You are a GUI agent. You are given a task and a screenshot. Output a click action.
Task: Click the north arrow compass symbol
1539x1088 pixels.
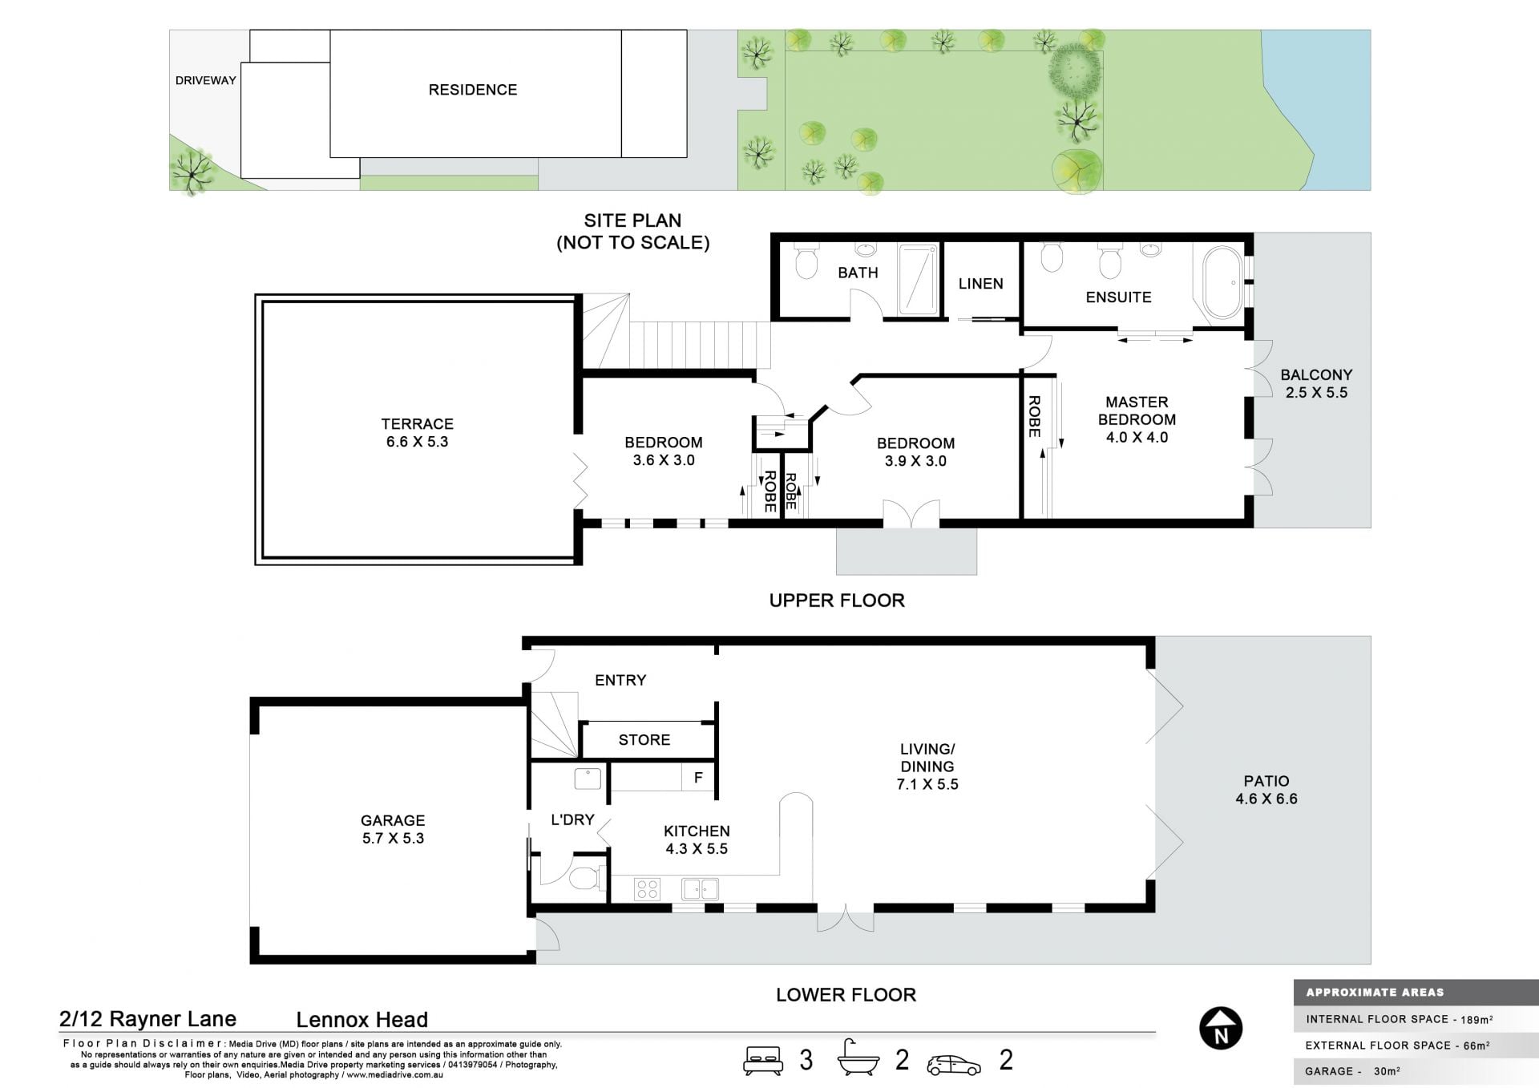pos(1221,1028)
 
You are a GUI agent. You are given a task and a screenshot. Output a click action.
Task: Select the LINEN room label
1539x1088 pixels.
pos(980,284)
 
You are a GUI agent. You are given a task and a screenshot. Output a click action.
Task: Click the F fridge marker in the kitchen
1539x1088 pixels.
pos(698,778)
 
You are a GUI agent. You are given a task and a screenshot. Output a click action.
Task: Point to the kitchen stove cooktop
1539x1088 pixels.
pos(647,889)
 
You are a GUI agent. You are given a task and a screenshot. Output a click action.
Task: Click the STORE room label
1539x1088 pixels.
pos(644,740)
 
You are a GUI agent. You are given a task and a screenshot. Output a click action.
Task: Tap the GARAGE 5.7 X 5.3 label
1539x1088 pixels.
pos(393,829)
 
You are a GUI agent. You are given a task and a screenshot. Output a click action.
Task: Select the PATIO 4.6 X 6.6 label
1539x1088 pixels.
pos(1266,790)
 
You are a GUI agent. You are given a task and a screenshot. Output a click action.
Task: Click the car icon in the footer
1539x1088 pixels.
pos(954,1064)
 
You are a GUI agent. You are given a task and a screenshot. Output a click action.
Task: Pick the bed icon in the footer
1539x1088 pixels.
pos(762,1060)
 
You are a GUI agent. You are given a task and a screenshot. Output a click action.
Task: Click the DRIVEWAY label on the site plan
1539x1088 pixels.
pos(206,80)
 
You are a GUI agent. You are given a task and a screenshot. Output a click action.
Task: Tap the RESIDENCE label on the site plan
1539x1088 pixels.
pos(473,90)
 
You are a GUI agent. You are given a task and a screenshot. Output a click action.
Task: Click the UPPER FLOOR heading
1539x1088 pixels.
pos(837,601)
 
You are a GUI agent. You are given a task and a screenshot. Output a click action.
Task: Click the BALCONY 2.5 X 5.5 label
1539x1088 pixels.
pos(1316,383)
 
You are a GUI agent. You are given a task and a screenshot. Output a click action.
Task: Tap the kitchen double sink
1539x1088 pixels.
pos(700,889)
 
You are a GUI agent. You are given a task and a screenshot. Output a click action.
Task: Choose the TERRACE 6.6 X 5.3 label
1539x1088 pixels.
pos(417,433)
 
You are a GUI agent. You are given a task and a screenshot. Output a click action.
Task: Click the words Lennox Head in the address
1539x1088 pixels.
pos(362,1020)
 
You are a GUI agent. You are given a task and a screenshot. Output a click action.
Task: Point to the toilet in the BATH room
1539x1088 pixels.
pos(806,261)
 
